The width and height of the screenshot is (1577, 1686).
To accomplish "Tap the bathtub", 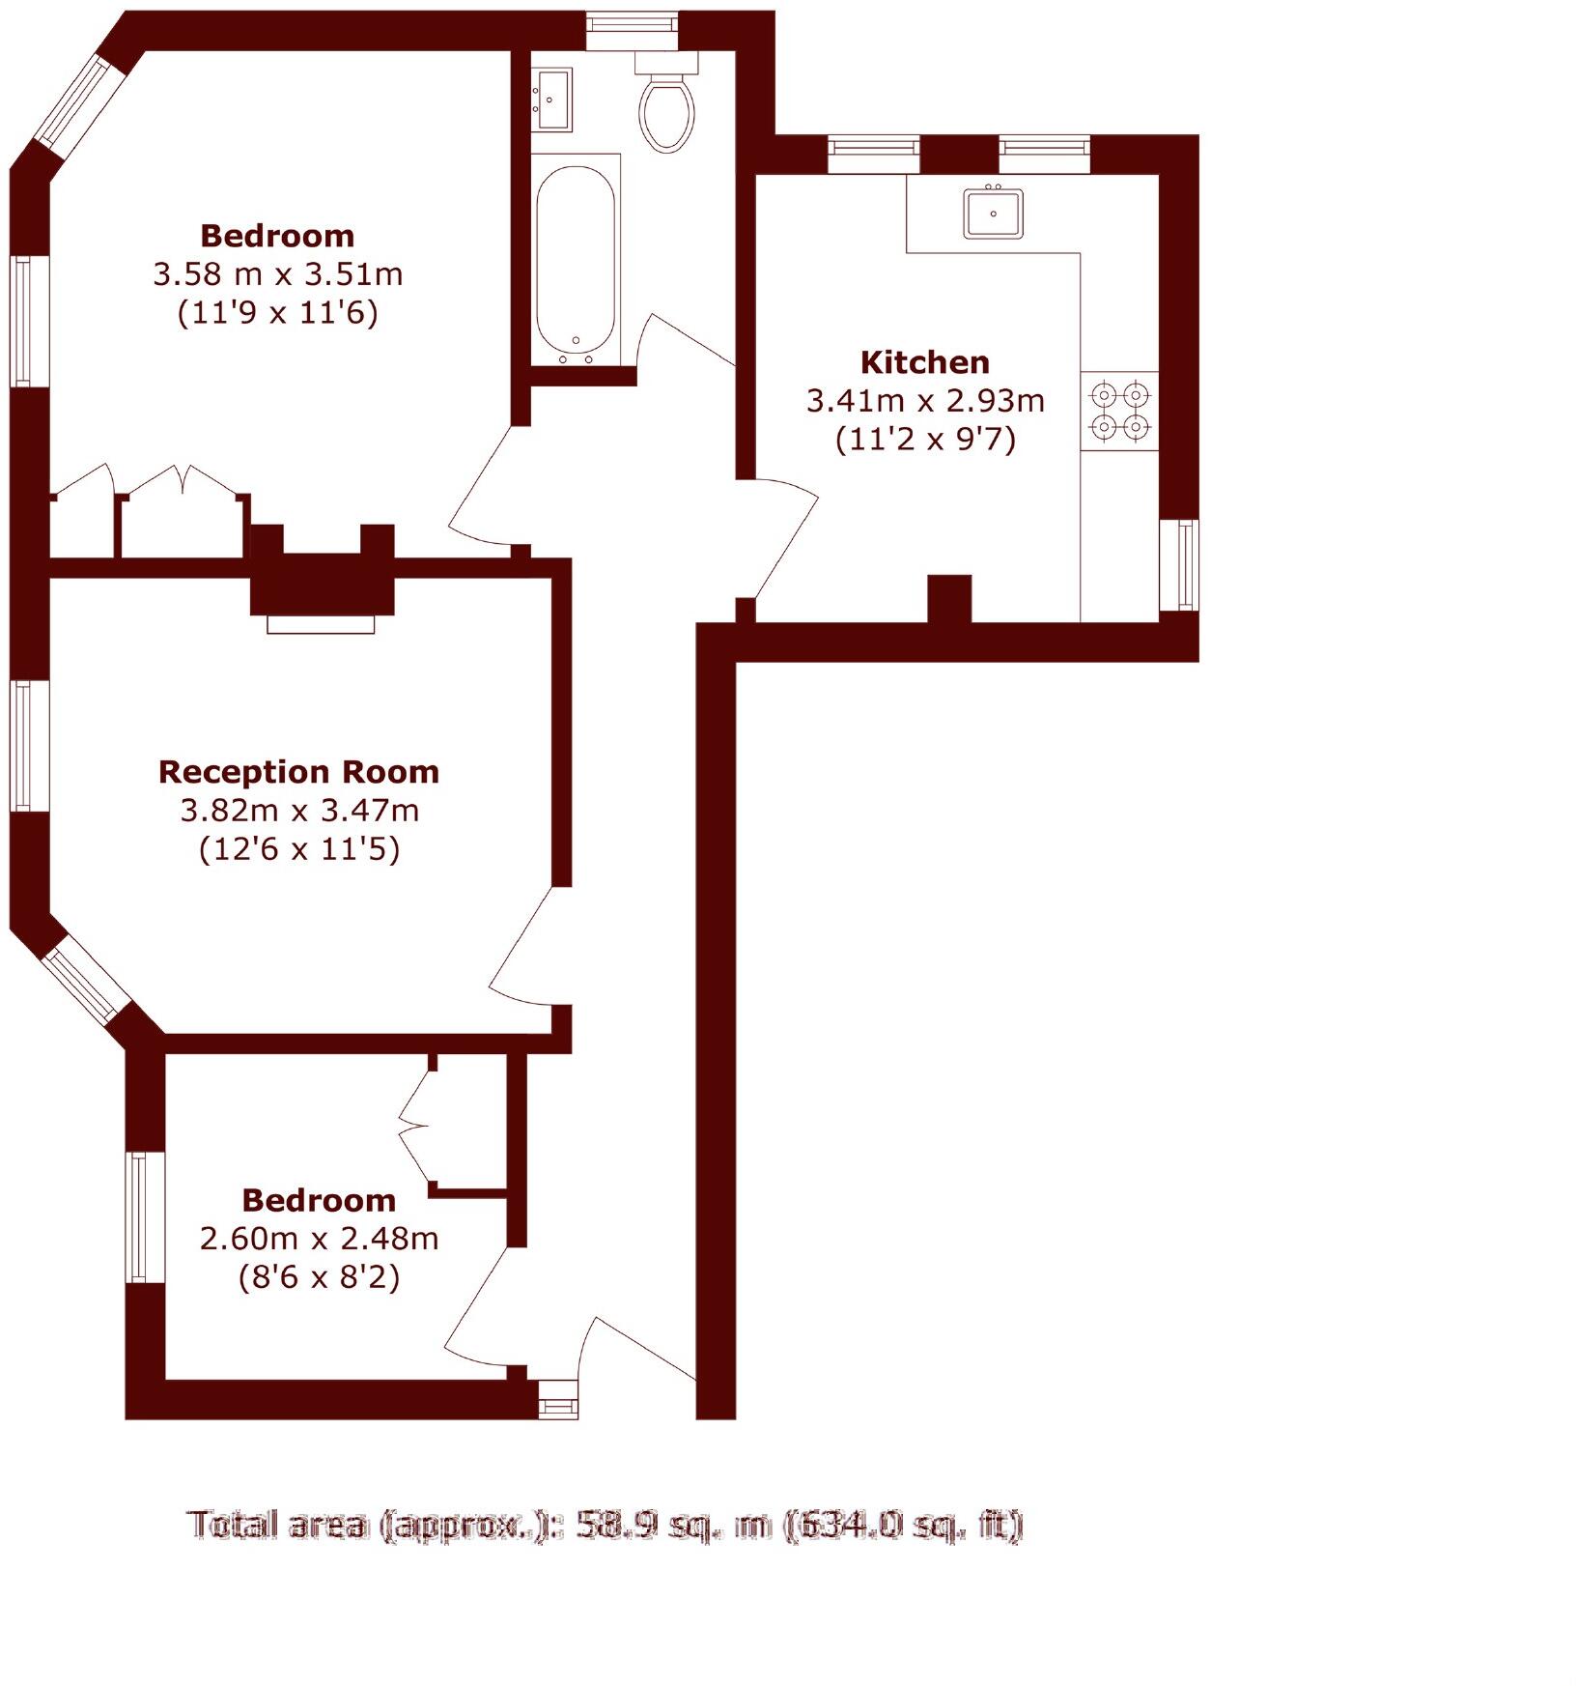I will [x=576, y=261].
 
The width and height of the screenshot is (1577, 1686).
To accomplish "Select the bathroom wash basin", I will [x=552, y=99].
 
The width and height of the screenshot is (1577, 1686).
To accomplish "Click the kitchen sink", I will [x=993, y=214].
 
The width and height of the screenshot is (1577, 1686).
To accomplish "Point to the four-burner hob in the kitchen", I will [x=1120, y=411].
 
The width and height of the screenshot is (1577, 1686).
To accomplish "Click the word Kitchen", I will [x=924, y=362].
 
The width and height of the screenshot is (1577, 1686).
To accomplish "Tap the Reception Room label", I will [x=298, y=772].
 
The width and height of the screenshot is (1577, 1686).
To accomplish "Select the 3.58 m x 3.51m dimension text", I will [x=277, y=274].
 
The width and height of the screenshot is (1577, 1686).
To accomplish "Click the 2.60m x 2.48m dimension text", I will [x=319, y=1239].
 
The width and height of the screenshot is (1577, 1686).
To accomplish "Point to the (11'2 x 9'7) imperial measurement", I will [x=925, y=440].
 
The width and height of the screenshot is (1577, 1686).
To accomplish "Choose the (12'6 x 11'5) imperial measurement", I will [x=298, y=849].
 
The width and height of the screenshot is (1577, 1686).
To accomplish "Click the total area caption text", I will [x=605, y=1525].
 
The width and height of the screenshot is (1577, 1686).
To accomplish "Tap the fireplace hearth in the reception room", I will [x=321, y=624].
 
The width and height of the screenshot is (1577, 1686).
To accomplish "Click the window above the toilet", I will [x=633, y=30].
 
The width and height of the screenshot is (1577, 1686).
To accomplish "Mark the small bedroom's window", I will [x=145, y=1217].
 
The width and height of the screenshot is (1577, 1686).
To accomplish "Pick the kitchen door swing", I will [x=784, y=541].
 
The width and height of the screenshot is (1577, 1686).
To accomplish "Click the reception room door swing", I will [x=526, y=952].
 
